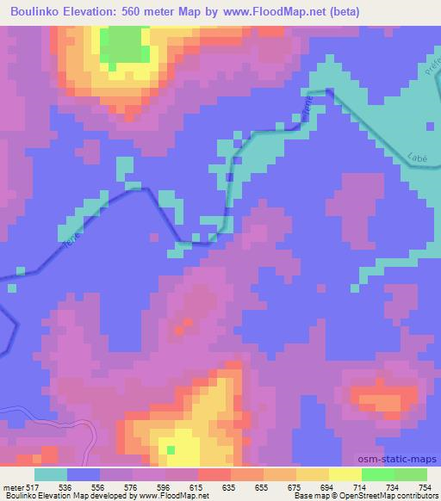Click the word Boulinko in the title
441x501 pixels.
[34, 12]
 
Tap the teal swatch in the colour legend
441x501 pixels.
[51, 474]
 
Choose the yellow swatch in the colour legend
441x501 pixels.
[345, 474]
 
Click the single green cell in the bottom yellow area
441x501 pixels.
[171, 449]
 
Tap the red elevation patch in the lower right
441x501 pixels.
[379, 401]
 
